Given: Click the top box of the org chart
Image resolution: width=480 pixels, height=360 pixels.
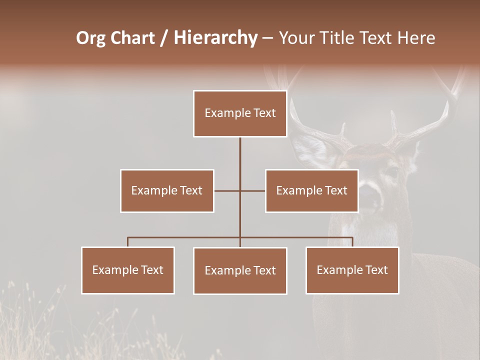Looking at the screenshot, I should pyautogui.click(x=240, y=113).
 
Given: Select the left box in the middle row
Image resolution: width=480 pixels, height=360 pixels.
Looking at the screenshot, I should pyautogui.click(x=167, y=190).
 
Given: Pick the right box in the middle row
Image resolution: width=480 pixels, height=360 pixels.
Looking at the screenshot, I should pyautogui.click(x=311, y=190).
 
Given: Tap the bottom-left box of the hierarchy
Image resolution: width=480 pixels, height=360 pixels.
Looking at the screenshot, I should pyautogui.click(x=128, y=270).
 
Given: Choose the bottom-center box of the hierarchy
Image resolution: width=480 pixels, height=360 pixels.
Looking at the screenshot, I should pyautogui.click(x=240, y=270).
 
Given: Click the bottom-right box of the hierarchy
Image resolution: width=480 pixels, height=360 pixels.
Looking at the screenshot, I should pyautogui.click(x=352, y=270).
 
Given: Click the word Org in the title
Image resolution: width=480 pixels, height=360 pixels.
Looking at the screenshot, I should pyautogui.click(x=90, y=38).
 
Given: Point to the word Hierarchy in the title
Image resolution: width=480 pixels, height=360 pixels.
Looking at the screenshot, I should pyautogui.click(x=215, y=38).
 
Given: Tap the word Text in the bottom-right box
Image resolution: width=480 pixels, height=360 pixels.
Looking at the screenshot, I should pyautogui.click(x=376, y=270).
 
